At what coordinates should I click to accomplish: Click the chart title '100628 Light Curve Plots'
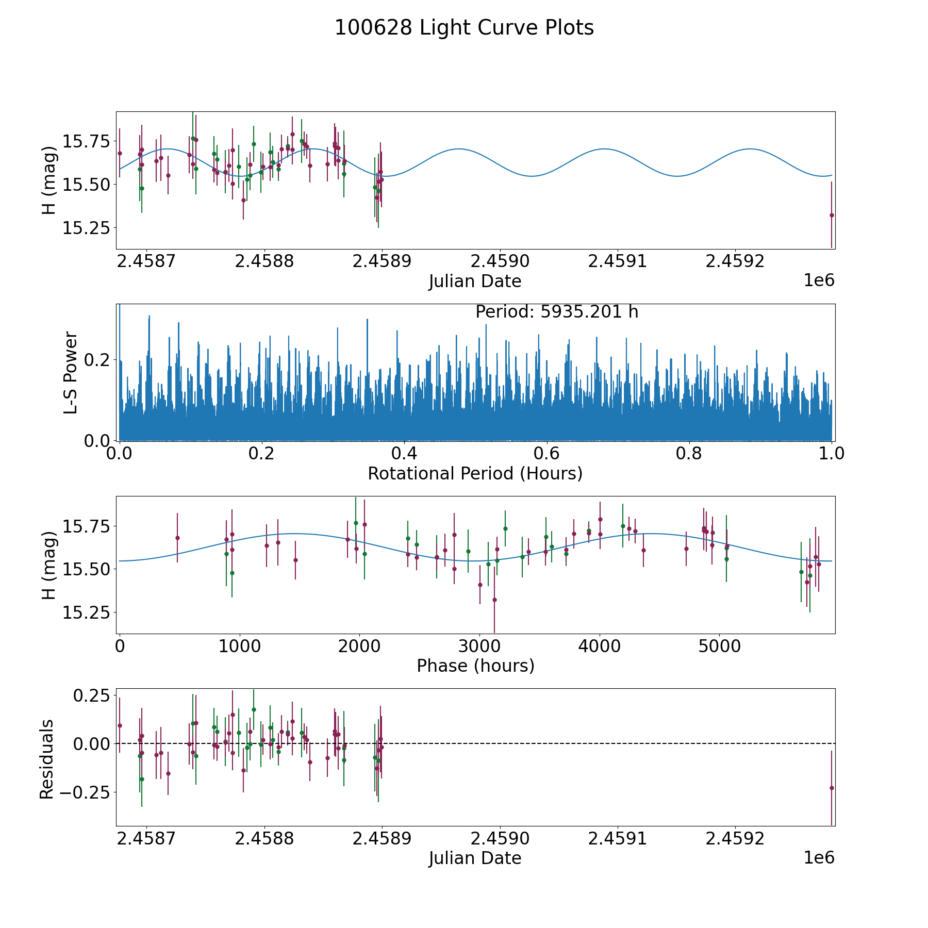[x=464, y=28]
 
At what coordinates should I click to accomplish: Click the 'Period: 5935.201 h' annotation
[x=557, y=312]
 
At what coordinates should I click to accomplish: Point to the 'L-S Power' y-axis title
[x=71, y=372]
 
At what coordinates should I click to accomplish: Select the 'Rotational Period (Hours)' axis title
[x=475, y=473]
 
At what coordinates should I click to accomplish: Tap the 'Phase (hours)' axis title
[x=475, y=666]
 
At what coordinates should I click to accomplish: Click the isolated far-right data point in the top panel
[x=832, y=215]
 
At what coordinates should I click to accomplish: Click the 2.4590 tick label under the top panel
[x=500, y=261]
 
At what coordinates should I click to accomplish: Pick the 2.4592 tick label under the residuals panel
[x=735, y=838]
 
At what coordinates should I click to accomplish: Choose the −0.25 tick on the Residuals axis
[x=89, y=791]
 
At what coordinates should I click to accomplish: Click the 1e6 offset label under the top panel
[x=819, y=280]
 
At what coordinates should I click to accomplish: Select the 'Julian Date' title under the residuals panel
[x=475, y=858]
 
